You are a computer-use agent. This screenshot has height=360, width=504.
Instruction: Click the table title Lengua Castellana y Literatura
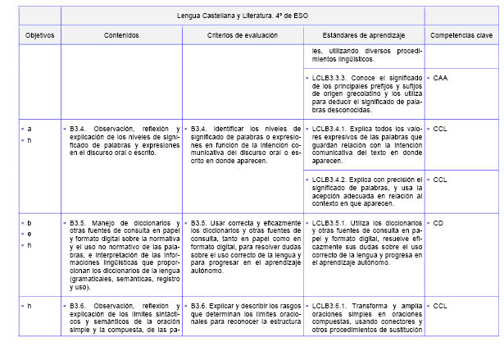[x=242, y=16]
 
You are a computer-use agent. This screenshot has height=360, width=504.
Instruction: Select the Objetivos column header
[x=39, y=36]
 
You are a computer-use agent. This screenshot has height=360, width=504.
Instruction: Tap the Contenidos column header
[x=121, y=36]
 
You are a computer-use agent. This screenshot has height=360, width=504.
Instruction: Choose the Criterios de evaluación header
[x=243, y=36]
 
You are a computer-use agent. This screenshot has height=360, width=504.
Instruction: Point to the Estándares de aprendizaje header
[x=363, y=36]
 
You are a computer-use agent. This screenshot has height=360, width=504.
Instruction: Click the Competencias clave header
[x=461, y=36]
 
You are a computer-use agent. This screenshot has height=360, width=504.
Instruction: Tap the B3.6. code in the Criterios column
[x=202, y=306]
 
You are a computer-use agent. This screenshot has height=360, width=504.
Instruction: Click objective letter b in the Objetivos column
[x=30, y=222]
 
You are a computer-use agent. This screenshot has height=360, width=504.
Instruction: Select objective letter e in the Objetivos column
[x=30, y=234]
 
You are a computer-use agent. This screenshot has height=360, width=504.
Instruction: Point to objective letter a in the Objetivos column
[x=30, y=130]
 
